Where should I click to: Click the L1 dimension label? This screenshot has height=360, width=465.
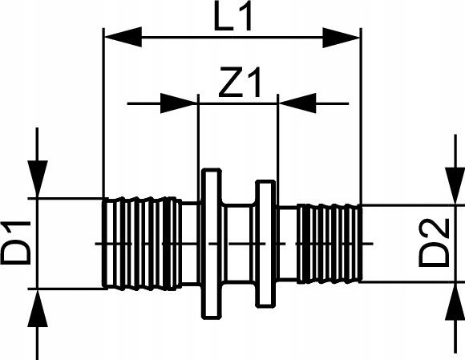tap(233, 16)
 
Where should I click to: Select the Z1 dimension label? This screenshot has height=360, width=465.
tap(241, 83)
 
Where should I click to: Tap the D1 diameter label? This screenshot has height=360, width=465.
tap(16, 242)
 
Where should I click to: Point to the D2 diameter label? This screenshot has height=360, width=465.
tap(434, 243)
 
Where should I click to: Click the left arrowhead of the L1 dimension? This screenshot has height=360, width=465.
tap(123, 37)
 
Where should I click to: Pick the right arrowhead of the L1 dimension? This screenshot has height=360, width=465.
tap(341, 38)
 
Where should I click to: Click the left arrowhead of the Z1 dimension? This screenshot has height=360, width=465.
tap(179, 103)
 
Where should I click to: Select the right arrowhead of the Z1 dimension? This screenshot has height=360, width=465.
tap(297, 103)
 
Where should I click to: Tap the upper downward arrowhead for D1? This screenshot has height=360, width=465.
tap(38, 179)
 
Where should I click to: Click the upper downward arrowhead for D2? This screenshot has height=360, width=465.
tap(455, 186)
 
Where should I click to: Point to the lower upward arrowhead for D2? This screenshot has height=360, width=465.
tap(455, 301)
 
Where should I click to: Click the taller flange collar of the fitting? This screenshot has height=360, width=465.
tap(211, 244)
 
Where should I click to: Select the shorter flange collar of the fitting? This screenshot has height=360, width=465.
tap(265, 244)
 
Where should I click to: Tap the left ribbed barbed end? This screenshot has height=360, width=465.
tap(142, 243)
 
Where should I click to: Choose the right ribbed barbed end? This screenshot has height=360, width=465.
tap(330, 243)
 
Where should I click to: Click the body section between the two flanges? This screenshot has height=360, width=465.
tap(239, 244)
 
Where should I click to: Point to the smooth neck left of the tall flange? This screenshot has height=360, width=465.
tap(192, 244)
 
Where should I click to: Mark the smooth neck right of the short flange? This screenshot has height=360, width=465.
tap(287, 243)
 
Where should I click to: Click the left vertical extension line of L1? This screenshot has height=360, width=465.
tap(103, 113)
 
